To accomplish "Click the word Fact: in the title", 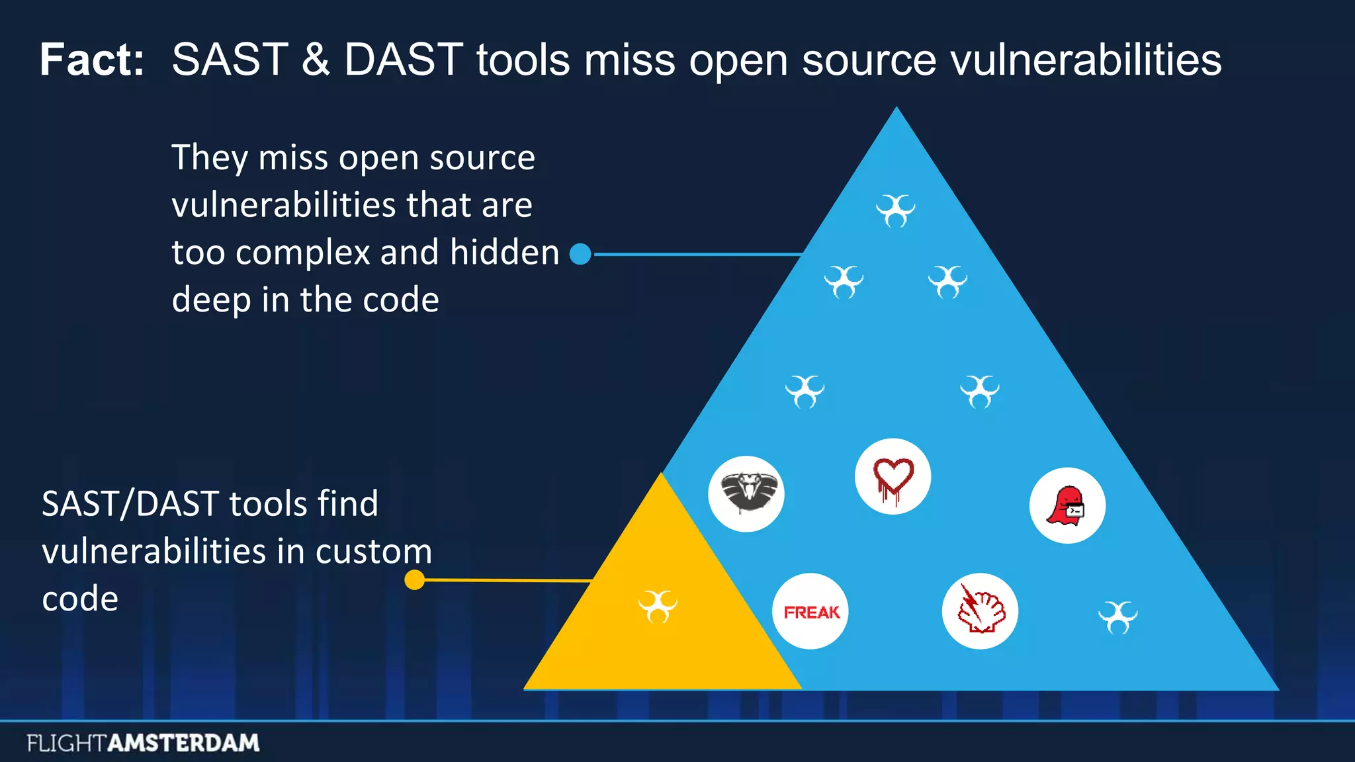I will coord(92,60).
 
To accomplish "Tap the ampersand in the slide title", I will coord(316,60).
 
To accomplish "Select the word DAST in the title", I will coord(403,60).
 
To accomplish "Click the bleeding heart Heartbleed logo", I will coord(893,477).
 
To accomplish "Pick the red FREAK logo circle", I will coord(810,611).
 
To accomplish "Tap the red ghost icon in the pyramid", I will coord(1067,506).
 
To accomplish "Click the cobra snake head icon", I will coord(746,493).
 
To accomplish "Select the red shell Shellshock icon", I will coord(980,611).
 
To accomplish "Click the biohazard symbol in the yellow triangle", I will coord(658,606).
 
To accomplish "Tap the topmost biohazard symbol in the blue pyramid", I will coord(896,210).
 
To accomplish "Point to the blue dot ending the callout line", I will coord(580,254).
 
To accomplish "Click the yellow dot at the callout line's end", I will coord(414,580).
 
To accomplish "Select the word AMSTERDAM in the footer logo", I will coord(183,743).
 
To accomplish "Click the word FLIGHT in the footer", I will coord(66,743).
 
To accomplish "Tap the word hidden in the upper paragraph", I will coord(504,253).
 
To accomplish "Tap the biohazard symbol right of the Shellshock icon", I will coord(1117,616).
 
